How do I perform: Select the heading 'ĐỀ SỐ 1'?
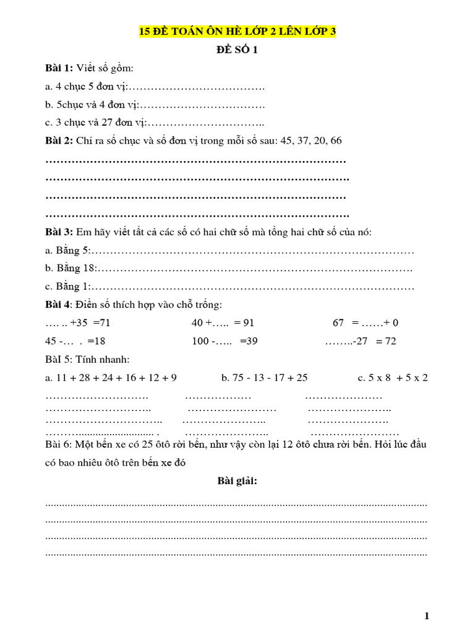(x=237, y=50)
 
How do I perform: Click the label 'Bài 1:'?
(x=59, y=68)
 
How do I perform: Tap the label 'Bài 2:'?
(x=59, y=141)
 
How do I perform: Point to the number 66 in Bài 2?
(x=336, y=141)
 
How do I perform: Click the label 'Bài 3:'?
(x=59, y=232)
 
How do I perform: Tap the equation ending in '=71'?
(x=78, y=323)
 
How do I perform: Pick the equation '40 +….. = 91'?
(x=223, y=323)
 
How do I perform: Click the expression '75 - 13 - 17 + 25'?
(x=264, y=378)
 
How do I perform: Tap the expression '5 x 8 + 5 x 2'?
(x=392, y=378)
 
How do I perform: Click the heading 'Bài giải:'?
(x=237, y=480)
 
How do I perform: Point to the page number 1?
(x=426, y=615)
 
